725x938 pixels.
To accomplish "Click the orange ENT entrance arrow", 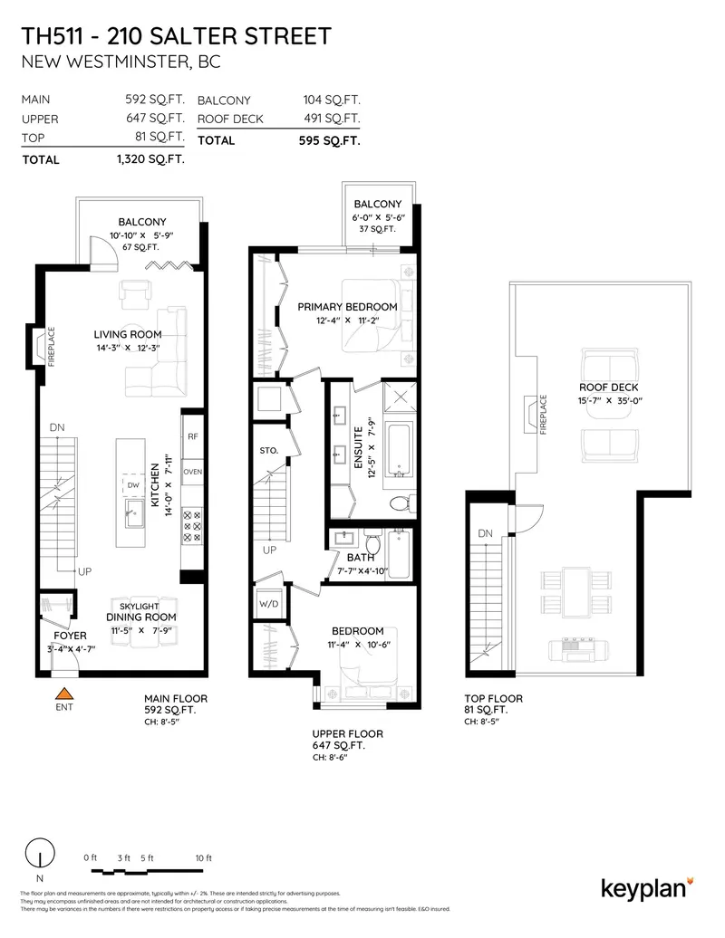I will [x=63, y=693].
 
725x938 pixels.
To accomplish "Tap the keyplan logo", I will [x=647, y=886].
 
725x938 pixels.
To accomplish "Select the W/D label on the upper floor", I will [x=269, y=602].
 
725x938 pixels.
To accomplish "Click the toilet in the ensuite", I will [x=400, y=502].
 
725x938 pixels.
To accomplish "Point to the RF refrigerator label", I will [x=192, y=436].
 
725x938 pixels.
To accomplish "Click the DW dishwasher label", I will [x=132, y=486].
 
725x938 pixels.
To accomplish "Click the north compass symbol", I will [x=38, y=855].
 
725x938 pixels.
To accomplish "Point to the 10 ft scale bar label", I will [x=202, y=857].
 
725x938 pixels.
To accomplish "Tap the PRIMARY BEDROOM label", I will [x=348, y=307].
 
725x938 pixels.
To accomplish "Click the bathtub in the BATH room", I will [x=399, y=553].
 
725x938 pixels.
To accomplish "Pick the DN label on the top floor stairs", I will [x=486, y=534].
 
